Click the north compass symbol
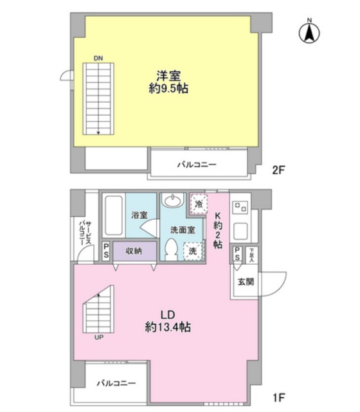point(309,32)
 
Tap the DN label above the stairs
point(98,58)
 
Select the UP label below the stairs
point(99,337)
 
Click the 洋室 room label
point(168,76)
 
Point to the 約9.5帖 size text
point(168,89)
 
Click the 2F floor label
point(279,170)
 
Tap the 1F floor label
point(279,397)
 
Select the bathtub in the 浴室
point(114,215)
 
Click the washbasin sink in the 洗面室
point(172,201)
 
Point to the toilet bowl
point(172,249)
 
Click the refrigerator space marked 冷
point(199,204)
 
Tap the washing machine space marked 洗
point(193,251)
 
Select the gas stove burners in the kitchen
point(240,207)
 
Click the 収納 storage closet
point(134,251)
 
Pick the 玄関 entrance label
point(246,282)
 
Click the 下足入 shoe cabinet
point(252,255)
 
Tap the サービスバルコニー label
point(85,233)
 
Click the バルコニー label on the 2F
point(197,165)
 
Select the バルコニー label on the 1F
point(116,383)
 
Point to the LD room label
point(168,315)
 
